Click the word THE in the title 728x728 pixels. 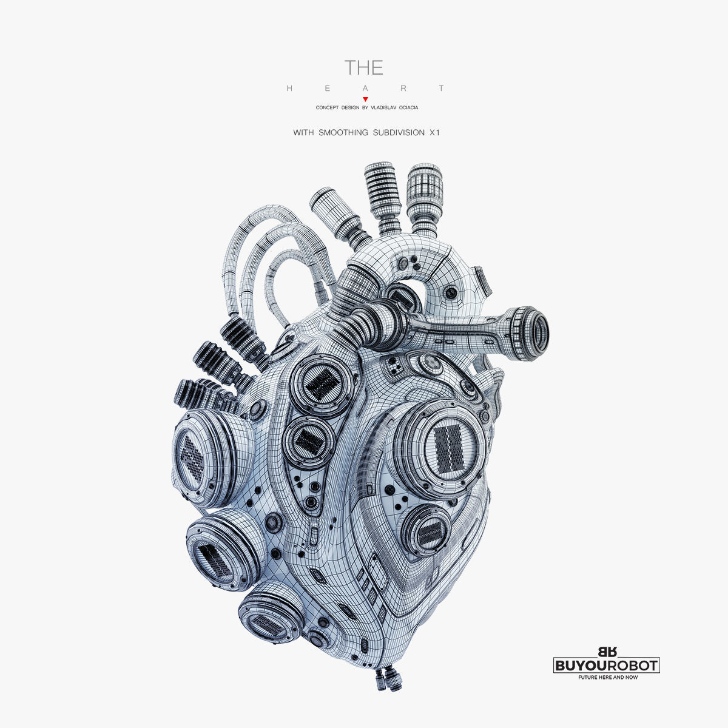(363, 67)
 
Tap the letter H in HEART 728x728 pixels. (289, 89)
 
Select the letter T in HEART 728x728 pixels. (442, 89)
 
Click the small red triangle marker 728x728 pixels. (365, 99)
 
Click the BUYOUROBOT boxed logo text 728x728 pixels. (607, 666)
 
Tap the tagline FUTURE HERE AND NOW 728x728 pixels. (607, 677)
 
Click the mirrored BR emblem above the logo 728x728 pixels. (607, 652)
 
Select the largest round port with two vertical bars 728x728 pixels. (448, 449)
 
